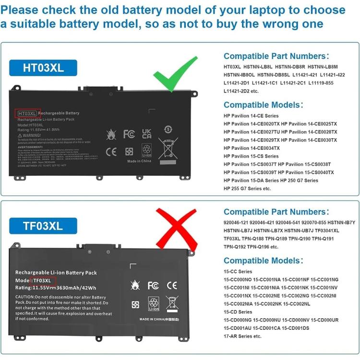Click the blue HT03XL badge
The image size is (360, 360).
click(x=43, y=68)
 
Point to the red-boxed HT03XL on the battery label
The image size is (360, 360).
click(x=27, y=113)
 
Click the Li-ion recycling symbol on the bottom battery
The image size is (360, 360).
click(x=154, y=303)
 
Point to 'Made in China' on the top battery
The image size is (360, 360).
click(x=139, y=161)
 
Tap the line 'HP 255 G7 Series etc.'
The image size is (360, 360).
click(x=247, y=189)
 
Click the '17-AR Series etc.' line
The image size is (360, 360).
click(x=242, y=336)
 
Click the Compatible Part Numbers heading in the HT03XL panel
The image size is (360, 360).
click(x=276, y=56)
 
